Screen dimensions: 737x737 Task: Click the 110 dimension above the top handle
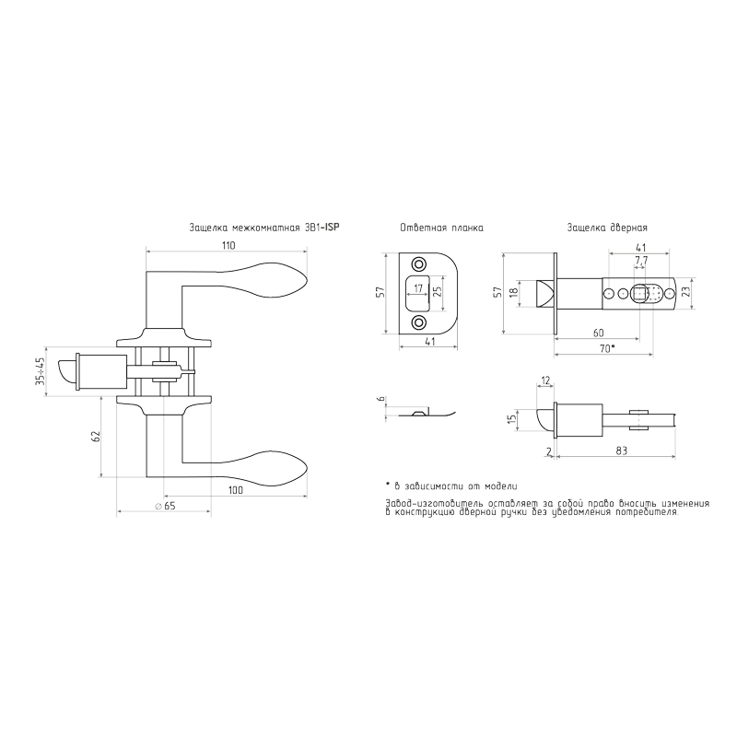point(228,245)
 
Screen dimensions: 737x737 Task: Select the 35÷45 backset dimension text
point(41,371)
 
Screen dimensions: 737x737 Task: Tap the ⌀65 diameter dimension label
point(165,506)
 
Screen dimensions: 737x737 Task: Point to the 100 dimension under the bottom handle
point(236,490)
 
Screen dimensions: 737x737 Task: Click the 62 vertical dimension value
point(97,436)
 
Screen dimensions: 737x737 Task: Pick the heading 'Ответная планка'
point(441,228)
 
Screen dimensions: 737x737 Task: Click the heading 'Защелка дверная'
point(607,228)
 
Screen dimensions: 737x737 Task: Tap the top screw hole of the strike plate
point(417,263)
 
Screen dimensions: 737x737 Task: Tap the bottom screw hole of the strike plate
point(417,322)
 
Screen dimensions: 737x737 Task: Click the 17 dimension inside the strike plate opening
point(418,289)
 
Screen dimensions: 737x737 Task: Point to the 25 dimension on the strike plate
point(438,292)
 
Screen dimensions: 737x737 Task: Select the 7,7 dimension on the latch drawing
point(641,260)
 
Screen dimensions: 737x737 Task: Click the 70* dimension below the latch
point(606,348)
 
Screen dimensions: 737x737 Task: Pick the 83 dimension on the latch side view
point(621,450)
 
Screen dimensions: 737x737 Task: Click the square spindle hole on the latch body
point(639,294)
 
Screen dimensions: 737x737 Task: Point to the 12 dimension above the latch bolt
point(545,380)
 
